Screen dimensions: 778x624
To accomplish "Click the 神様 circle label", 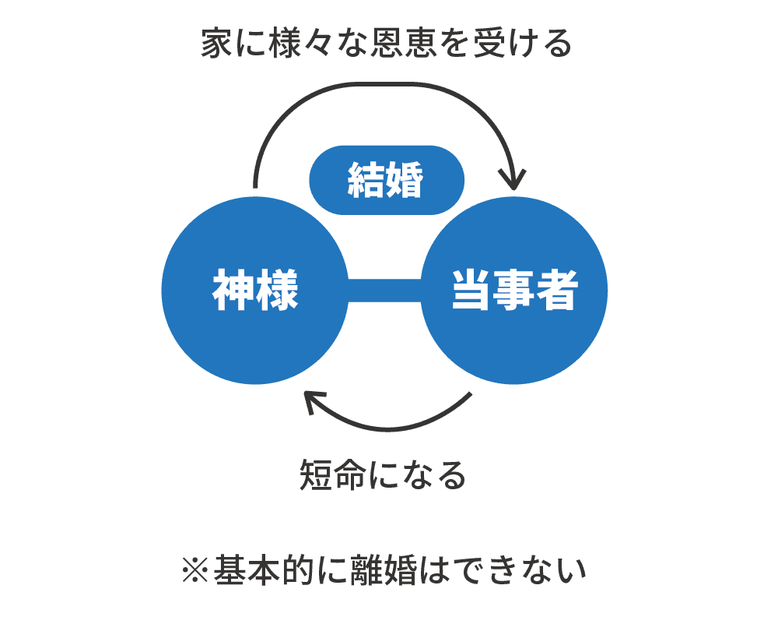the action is tap(255, 290).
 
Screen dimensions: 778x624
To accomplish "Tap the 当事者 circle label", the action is tap(514, 290).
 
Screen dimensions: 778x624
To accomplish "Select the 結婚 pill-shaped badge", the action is tap(387, 180).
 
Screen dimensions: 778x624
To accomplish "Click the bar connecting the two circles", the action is tap(384, 290).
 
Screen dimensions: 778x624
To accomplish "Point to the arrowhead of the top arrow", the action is tap(513, 179).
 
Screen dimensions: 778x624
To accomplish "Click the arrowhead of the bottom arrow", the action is tap(314, 401).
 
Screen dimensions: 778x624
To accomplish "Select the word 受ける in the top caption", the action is tap(523, 43).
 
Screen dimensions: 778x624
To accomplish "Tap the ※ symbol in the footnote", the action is tap(195, 569).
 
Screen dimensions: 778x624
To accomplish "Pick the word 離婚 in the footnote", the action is tap(384, 569).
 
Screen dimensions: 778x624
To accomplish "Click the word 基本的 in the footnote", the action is tap(264, 569).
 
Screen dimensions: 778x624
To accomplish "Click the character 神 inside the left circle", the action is tap(233, 290).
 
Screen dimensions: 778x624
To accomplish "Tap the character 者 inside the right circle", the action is tap(557, 290).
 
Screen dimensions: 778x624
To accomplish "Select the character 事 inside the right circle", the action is tap(514, 290).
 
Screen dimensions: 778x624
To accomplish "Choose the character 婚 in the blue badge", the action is tap(405, 180).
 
